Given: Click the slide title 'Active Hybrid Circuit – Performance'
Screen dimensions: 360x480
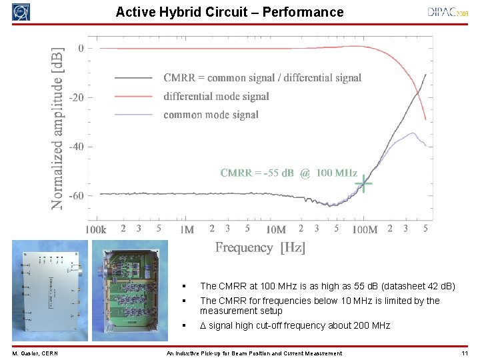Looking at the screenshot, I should click(x=229, y=12).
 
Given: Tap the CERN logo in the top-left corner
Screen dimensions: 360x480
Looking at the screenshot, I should click(x=21, y=12).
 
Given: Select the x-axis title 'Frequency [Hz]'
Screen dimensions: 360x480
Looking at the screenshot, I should click(x=260, y=247).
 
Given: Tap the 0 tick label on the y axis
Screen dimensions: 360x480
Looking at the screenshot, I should click(x=81, y=48).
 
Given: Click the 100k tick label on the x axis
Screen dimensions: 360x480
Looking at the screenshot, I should click(x=95, y=229).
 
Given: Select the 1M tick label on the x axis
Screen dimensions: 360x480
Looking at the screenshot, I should click(x=187, y=229).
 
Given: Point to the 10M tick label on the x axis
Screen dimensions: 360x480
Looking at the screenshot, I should click(x=275, y=229).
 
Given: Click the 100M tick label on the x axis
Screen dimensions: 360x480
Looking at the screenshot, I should click(x=364, y=229).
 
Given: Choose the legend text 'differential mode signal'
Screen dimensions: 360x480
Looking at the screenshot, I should click(x=216, y=97).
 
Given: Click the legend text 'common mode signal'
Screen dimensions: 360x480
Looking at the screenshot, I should click(x=211, y=115).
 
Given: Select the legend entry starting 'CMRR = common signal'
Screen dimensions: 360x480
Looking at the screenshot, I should click(x=262, y=78).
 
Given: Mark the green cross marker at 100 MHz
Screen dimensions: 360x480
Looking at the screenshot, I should click(x=363, y=183).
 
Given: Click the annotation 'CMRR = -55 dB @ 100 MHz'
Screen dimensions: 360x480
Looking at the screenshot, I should click(x=289, y=173).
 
